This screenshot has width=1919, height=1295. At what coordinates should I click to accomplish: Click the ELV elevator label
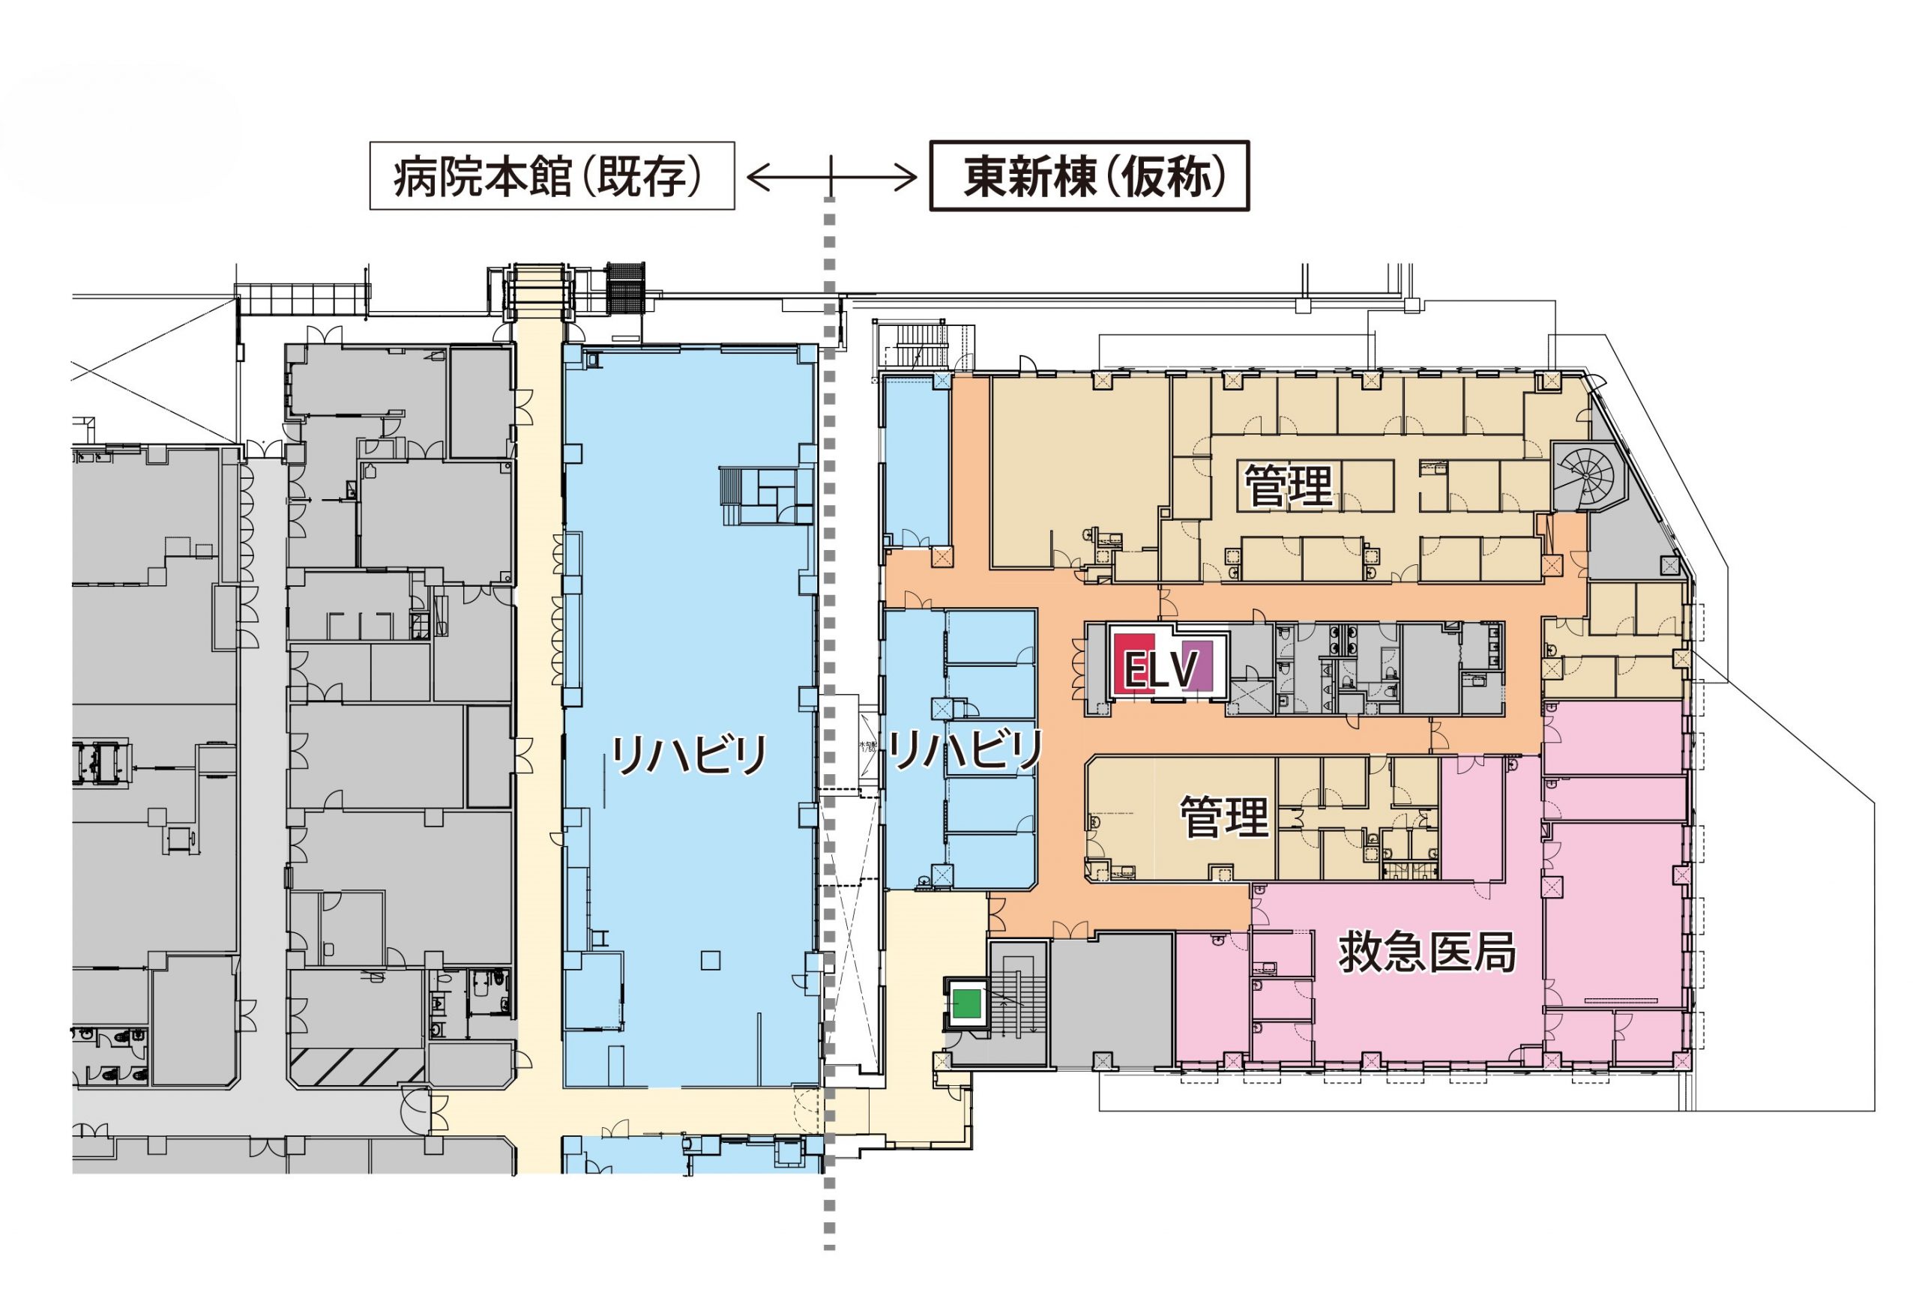1160,669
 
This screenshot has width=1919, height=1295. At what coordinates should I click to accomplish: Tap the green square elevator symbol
965,1004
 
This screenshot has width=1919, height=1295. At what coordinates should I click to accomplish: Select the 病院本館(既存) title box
552,176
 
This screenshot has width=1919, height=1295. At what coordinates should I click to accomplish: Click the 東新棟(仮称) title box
1089,176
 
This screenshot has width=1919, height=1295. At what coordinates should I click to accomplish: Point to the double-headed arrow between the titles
831,177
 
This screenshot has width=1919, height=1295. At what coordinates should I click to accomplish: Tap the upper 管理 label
1288,486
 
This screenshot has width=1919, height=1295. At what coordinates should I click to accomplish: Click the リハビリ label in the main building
690,754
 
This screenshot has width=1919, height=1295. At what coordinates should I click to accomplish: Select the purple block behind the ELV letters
1196,665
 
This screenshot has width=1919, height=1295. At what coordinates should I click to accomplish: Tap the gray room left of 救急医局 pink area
1112,1000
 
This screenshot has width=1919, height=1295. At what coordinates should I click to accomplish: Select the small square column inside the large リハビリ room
710,960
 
